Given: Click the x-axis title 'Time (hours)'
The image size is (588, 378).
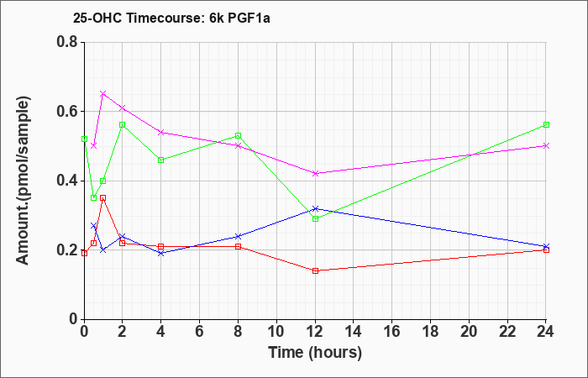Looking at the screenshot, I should point(315,352).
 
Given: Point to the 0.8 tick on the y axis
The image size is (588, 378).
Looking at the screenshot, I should point(66,43).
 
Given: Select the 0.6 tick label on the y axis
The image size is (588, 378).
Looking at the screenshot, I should point(66,112).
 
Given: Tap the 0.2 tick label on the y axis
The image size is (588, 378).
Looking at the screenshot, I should point(66,250).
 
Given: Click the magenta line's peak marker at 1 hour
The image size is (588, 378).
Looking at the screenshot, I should point(102,93).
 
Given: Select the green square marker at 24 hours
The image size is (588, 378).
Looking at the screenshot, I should point(546,124).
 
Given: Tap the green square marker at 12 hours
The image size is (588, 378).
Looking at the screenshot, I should point(315,218).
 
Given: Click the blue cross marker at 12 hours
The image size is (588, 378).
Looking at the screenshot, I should point(315,208).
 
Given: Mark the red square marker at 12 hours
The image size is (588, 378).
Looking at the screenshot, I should point(315,270).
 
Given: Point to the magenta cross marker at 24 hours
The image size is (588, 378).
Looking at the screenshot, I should point(546,145).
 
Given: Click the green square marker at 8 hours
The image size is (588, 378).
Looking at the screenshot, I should point(239,135).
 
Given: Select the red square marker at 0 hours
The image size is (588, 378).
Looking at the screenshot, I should point(84,253).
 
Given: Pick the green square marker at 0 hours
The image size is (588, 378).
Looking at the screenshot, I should point(84,139).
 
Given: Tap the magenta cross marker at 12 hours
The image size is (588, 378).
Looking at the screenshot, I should point(315,173).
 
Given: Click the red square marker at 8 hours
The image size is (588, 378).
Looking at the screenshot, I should point(239,246).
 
